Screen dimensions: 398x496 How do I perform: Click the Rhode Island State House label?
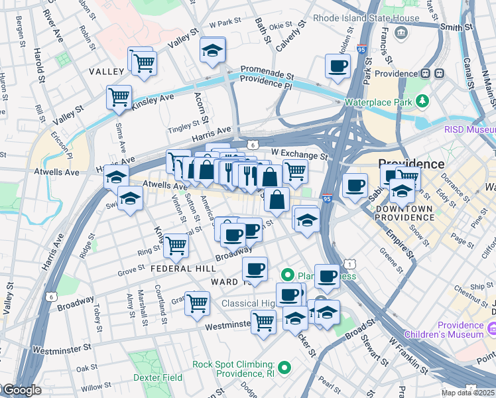(x=366, y=19)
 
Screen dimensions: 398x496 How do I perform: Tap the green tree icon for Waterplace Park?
(x=421, y=101)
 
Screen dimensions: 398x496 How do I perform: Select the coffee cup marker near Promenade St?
(x=338, y=66)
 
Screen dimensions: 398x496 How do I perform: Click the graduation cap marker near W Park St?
(x=212, y=50)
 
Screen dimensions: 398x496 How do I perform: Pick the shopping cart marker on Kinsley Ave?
(x=119, y=97)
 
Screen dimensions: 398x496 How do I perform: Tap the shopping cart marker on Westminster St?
(x=263, y=322)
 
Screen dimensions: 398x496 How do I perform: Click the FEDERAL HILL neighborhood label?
(x=183, y=269)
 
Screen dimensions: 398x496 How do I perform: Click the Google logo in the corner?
(x=21, y=391)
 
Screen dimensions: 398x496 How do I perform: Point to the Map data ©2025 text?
(x=468, y=392)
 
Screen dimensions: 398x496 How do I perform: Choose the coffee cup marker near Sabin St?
(x=355, y=185)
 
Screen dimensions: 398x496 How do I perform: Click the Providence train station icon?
(x=439, y=73)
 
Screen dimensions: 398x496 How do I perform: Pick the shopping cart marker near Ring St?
(x=176, y=245)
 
